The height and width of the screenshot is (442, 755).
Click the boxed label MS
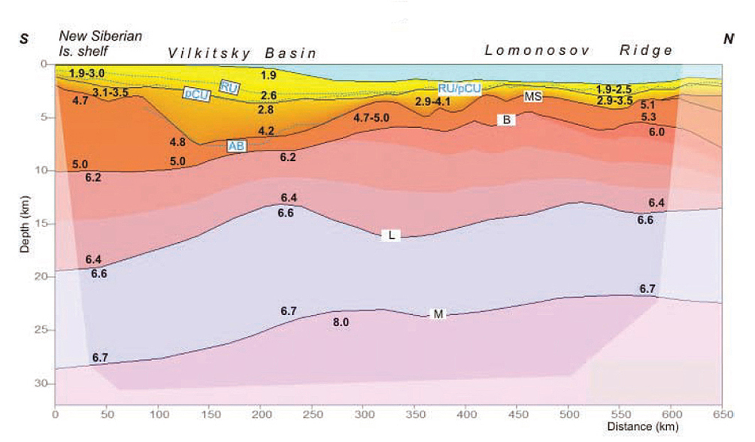click(x=533, y=96)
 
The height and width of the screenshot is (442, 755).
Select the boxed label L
click(x=391, y=235)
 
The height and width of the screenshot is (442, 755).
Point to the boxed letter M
click(x=437, y=313)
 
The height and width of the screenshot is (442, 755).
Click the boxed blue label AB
click(x=238, y=147)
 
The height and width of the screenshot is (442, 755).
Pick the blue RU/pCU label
click(x=459, y=88)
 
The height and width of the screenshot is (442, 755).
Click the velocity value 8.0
click(x=341, y=322)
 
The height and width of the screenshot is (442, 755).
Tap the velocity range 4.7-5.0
click(x=371, y=118)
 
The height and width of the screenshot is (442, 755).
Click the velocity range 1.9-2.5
click(x=613, y=89)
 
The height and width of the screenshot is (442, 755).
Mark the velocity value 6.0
click(x=656, y=132)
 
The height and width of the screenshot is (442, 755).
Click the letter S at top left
click(x=25, y=38)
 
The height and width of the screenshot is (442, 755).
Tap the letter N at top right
click(x=728, y=38)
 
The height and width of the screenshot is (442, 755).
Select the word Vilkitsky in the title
click(x=210, y=53)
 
